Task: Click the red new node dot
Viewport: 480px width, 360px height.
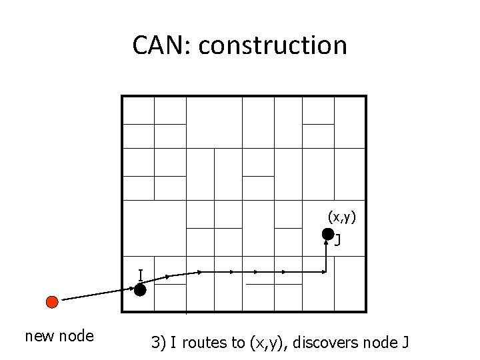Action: (52, 302)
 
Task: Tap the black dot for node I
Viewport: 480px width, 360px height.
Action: (140, 289)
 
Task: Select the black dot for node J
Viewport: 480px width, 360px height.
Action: (328, 234)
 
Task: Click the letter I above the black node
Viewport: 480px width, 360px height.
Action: (141, 275)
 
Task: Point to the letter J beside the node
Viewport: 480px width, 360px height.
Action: (337, 240)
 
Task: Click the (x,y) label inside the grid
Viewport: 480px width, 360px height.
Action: (341, 217)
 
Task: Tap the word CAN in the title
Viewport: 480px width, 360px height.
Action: (161, 45)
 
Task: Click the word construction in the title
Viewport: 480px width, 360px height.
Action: (273, 45)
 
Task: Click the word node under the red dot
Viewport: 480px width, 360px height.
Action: (77, 336)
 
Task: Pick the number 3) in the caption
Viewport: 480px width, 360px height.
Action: (158, 343)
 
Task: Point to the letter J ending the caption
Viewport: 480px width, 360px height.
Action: (405, 343)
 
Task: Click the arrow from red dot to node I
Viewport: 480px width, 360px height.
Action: (98, 294)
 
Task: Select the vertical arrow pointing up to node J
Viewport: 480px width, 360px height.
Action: (326, 255)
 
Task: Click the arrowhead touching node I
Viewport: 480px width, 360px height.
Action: (132, 289)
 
